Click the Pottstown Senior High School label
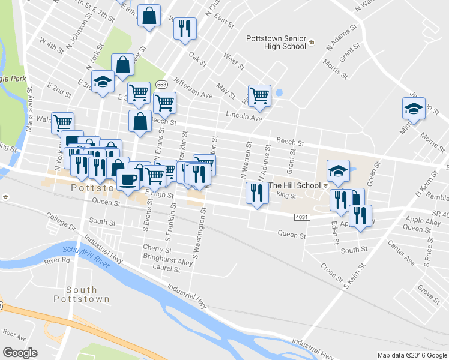[x=276, y=42]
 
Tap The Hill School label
[x=294, y=185]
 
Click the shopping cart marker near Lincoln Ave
[x=259, y=95]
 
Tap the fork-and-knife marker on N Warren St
[x=256, y=193]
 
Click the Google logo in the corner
[x=20, y=353]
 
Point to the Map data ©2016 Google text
[x=412, y=355]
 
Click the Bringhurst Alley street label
[x=168, y=262]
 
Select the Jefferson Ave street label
[x=192, y=87]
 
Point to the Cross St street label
[x=331, y=273]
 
